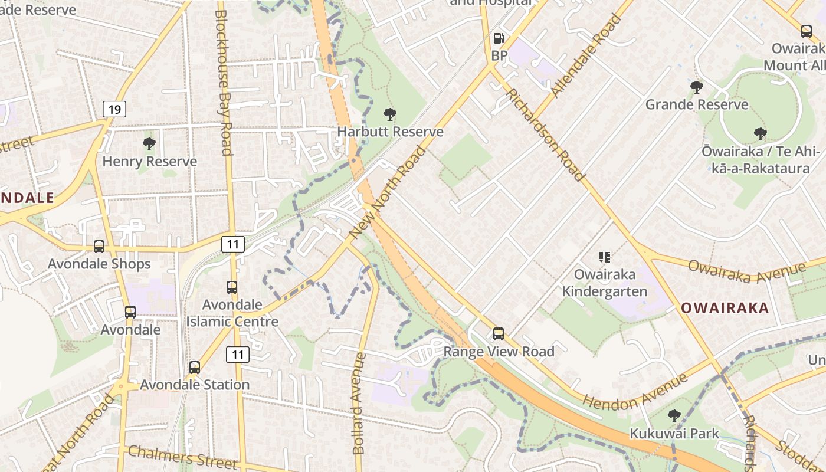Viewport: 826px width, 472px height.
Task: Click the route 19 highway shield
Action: (x=114, y=109)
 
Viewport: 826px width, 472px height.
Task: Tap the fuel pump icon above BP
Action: (x=499, y=38)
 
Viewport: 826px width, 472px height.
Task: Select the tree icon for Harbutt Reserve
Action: (x=389, y=114)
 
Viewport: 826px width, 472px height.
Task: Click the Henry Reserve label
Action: (x=150, y=161)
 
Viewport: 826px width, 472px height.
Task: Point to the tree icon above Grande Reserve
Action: (x=697, y=87)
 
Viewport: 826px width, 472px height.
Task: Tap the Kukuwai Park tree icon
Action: (x=674, y=416)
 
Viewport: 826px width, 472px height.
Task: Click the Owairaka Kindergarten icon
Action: (x=604, y=257)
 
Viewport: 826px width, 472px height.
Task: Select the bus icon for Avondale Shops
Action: (x=99, y=247)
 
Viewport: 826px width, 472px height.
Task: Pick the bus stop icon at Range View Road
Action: (x=499, y=334)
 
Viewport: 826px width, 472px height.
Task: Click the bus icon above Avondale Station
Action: (x=195, y=368)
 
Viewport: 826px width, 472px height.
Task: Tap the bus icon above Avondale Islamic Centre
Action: (x=232, y=287)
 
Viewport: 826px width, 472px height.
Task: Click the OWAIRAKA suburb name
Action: (x=725, y=307)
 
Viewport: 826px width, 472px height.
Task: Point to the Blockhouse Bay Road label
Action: (x=223, y=83)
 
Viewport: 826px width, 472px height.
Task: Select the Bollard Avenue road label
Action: (x=359, y=404)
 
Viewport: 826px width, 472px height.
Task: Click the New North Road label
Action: (x=388, y=193)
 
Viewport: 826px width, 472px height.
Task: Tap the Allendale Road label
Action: (x=586, y=56)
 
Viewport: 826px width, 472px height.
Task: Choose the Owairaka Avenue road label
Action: (x=746, y=272)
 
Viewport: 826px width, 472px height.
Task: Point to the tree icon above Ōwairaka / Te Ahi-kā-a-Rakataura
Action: (x=760, y=134)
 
